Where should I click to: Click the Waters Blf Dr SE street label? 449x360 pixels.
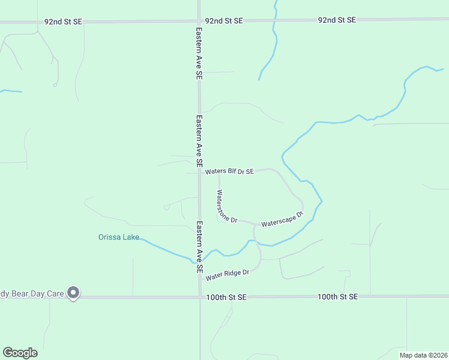pyautogui.click(x=229, y=172)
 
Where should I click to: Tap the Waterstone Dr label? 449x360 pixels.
pyautogui.click(x=227, y=207)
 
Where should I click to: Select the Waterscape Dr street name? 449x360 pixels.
pyautogui.click(x=282, y=218)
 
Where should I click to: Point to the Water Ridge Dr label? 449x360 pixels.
pyautogui.click(x=227, y=275)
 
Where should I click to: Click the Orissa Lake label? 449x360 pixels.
pyautogui.click(x=119, y=237)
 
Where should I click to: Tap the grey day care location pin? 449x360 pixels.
pyautogui.click(x=73, y=293)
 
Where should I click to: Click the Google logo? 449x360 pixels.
pyautogui.click(x=20, y=353)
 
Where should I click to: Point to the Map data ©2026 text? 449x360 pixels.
pyautogui.click(x=423, y=355)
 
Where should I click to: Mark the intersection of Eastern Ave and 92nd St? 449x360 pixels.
pyautogui.click(x=199, y=22)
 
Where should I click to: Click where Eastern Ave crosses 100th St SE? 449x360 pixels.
pyautogui.click(x=200, y=296)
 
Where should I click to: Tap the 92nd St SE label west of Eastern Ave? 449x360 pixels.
pyautogui.click(x=63, y=22)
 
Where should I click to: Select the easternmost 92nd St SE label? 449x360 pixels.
pyautogui.click(x=337, y=20)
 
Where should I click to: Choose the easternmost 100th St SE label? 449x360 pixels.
pyautogui.click(x=337, y=296)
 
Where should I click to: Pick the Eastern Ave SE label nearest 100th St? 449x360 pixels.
pyautogui.click(x=199, y=247)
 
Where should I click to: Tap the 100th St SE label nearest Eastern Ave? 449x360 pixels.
pyautogui.click(x=226, y=297)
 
